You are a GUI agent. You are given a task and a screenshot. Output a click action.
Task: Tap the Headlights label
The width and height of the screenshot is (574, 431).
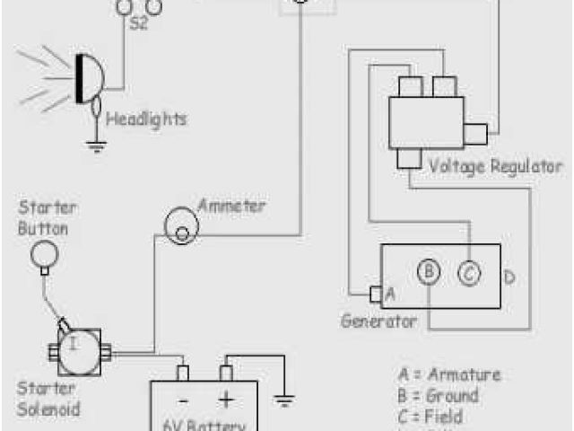pyautogui.click(x=146, y=119)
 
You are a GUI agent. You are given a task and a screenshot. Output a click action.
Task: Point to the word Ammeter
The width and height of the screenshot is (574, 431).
pyautogui.click(x=231, y=206)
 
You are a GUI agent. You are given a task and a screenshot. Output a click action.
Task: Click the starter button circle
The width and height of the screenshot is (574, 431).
pyautogui.click(x=44, y=255)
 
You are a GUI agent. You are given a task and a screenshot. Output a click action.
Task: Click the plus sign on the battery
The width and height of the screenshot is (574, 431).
pyautogui.click(x=226, y=400)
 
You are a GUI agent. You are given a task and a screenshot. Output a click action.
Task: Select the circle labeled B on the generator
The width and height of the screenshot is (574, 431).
pyautogui.click(x=430, y=272)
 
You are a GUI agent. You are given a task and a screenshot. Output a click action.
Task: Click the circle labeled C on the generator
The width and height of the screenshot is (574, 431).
pyautogui.click(x=468, y=272)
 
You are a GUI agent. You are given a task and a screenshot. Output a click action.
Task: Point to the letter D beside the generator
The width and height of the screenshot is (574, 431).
pyautogui.click(x=509, y=277)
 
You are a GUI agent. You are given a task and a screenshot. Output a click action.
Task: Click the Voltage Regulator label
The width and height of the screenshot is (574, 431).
pyautogui.click(x=495, y=166)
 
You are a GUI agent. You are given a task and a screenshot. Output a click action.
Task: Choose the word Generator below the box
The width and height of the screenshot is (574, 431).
pyautogui.click(x=378, y=321)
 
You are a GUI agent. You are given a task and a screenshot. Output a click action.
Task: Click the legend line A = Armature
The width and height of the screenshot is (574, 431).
pyautogui.click(x=448, y=374)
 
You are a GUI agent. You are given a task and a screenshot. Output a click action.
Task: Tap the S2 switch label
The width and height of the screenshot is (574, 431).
pyautogui.click(x=139, y=23)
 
